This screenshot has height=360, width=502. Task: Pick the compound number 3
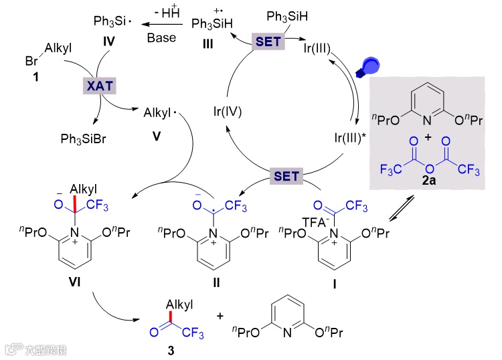tap(171, 350)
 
